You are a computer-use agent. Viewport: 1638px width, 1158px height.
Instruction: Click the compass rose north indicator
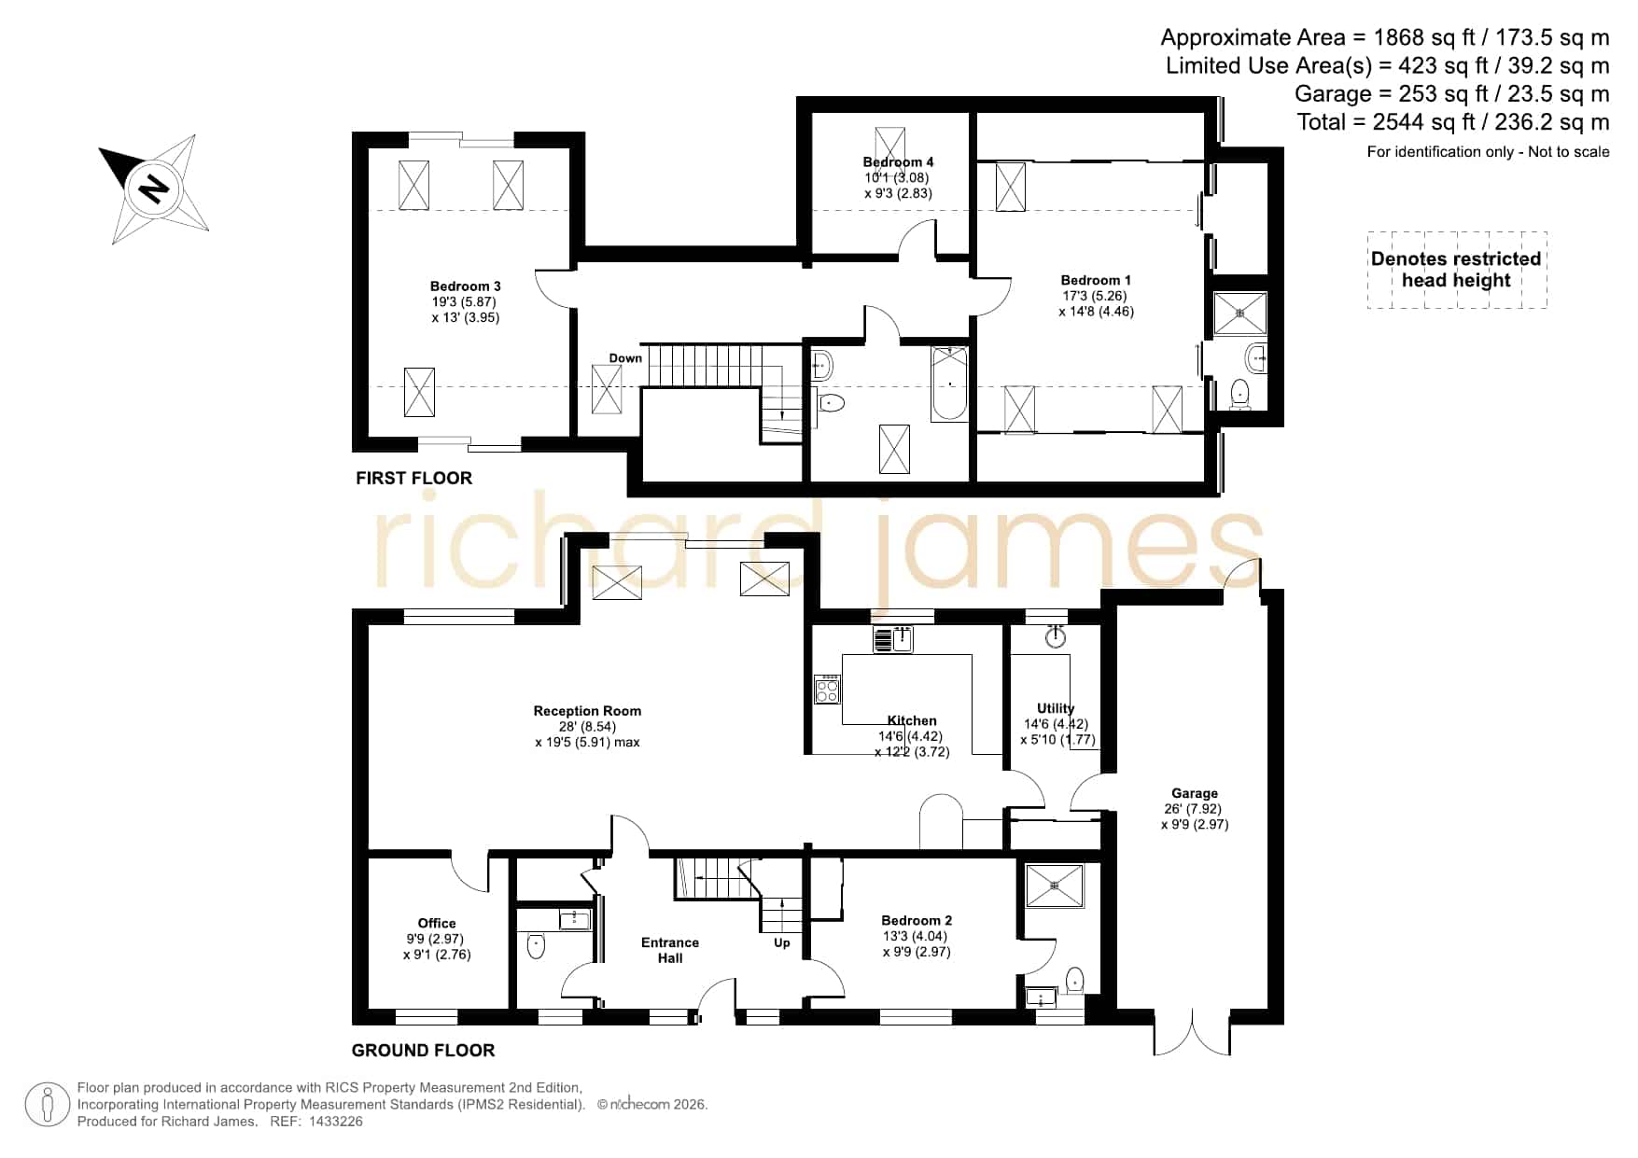click(153, 189)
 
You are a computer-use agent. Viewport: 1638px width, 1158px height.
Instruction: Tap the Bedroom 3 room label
click(466, 286)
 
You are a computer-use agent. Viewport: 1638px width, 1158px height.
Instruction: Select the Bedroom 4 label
click(898, 162)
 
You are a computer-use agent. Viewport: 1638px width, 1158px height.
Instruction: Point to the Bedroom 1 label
click(1096, 280)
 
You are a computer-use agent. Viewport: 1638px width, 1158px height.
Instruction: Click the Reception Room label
click(587, 711)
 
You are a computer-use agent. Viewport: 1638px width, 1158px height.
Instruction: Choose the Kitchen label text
click(912, 720)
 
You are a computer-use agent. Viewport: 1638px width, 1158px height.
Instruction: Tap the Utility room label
click(1056, 708)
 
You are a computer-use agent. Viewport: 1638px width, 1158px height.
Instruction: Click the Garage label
click(1195, 793)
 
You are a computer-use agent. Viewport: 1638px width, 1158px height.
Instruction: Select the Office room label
click(437, 923)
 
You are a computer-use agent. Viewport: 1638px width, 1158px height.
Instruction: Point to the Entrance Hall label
click(670, 950)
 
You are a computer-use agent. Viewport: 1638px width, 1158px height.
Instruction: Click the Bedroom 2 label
click(917, 920)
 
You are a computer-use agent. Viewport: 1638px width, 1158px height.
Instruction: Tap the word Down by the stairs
click(625, 358)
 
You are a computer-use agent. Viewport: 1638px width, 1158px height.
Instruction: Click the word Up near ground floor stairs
click(782, 943)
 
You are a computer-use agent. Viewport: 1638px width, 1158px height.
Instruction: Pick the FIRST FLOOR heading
click(414, 478)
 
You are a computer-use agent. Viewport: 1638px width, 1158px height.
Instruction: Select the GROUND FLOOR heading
click(423, 1050)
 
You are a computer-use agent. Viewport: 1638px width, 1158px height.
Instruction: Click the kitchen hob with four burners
click(827, 689)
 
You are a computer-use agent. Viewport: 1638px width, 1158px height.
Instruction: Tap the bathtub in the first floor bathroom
click(949, 384)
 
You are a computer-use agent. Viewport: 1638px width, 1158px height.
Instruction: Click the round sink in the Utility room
click(1056, 635)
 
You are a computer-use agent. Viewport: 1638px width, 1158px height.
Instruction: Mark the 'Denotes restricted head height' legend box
click(1457, 270)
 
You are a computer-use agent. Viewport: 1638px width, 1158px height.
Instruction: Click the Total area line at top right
click(1453, 121)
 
